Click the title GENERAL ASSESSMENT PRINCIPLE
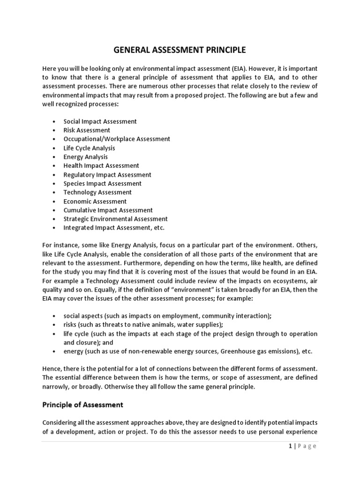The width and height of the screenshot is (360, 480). click(180, 49)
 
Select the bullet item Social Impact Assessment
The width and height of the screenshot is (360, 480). click(100, 121)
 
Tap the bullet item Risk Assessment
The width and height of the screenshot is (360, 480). click(87, 130)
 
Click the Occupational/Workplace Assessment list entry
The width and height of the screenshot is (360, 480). click(117, 139)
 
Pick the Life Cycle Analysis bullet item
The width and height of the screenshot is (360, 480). click(89, 148)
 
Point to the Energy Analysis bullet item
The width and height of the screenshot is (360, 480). click(85, 157)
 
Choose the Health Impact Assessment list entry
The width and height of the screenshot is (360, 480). click(101, 165)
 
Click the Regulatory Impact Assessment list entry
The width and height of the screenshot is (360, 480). click(107, 175)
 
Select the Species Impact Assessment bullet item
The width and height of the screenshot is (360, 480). click(102, 184)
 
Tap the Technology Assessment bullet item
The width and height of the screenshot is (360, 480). click(97, 192)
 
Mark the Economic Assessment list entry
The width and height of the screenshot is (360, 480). click(95, 201)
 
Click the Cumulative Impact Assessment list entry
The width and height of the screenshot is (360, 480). click(108, 210)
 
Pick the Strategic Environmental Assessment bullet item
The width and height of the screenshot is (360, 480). click(115, 219)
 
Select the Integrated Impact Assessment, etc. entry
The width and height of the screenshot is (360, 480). click(114, 228)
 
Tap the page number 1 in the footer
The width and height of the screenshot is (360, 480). click(290, 446)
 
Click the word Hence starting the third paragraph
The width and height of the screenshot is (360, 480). click(52, 369)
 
